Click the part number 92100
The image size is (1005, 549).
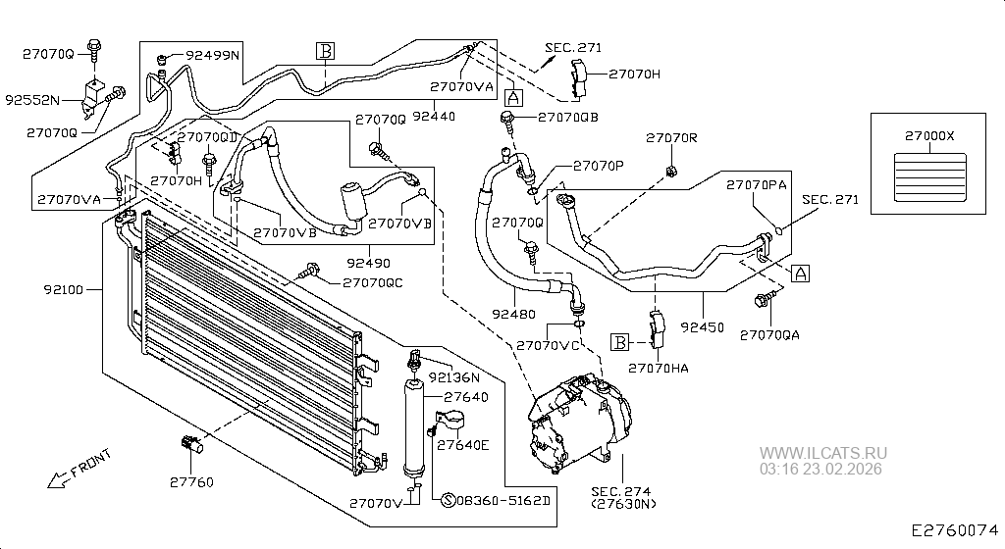click(64, 290)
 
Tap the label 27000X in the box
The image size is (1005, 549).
click(929, 135)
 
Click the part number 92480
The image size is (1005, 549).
click(514, 314)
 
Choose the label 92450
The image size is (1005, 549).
click(703, 327)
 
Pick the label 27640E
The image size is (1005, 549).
click(463, 444)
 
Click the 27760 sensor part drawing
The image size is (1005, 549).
click(192, 443)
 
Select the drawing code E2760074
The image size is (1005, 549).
click(956, 530)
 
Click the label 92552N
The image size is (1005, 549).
click(32, 100)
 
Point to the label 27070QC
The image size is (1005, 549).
click(372, 282)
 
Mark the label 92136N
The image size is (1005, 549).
click(453, 377)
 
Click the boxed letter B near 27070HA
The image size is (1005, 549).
click(620, 342)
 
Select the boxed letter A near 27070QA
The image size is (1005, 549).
click(800, 274)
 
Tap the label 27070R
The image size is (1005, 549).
click(671, 137)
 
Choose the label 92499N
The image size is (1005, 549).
click(212, 55)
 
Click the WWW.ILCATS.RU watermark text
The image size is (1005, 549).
click(823, 453)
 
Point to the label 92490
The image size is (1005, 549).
click(369, 263)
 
